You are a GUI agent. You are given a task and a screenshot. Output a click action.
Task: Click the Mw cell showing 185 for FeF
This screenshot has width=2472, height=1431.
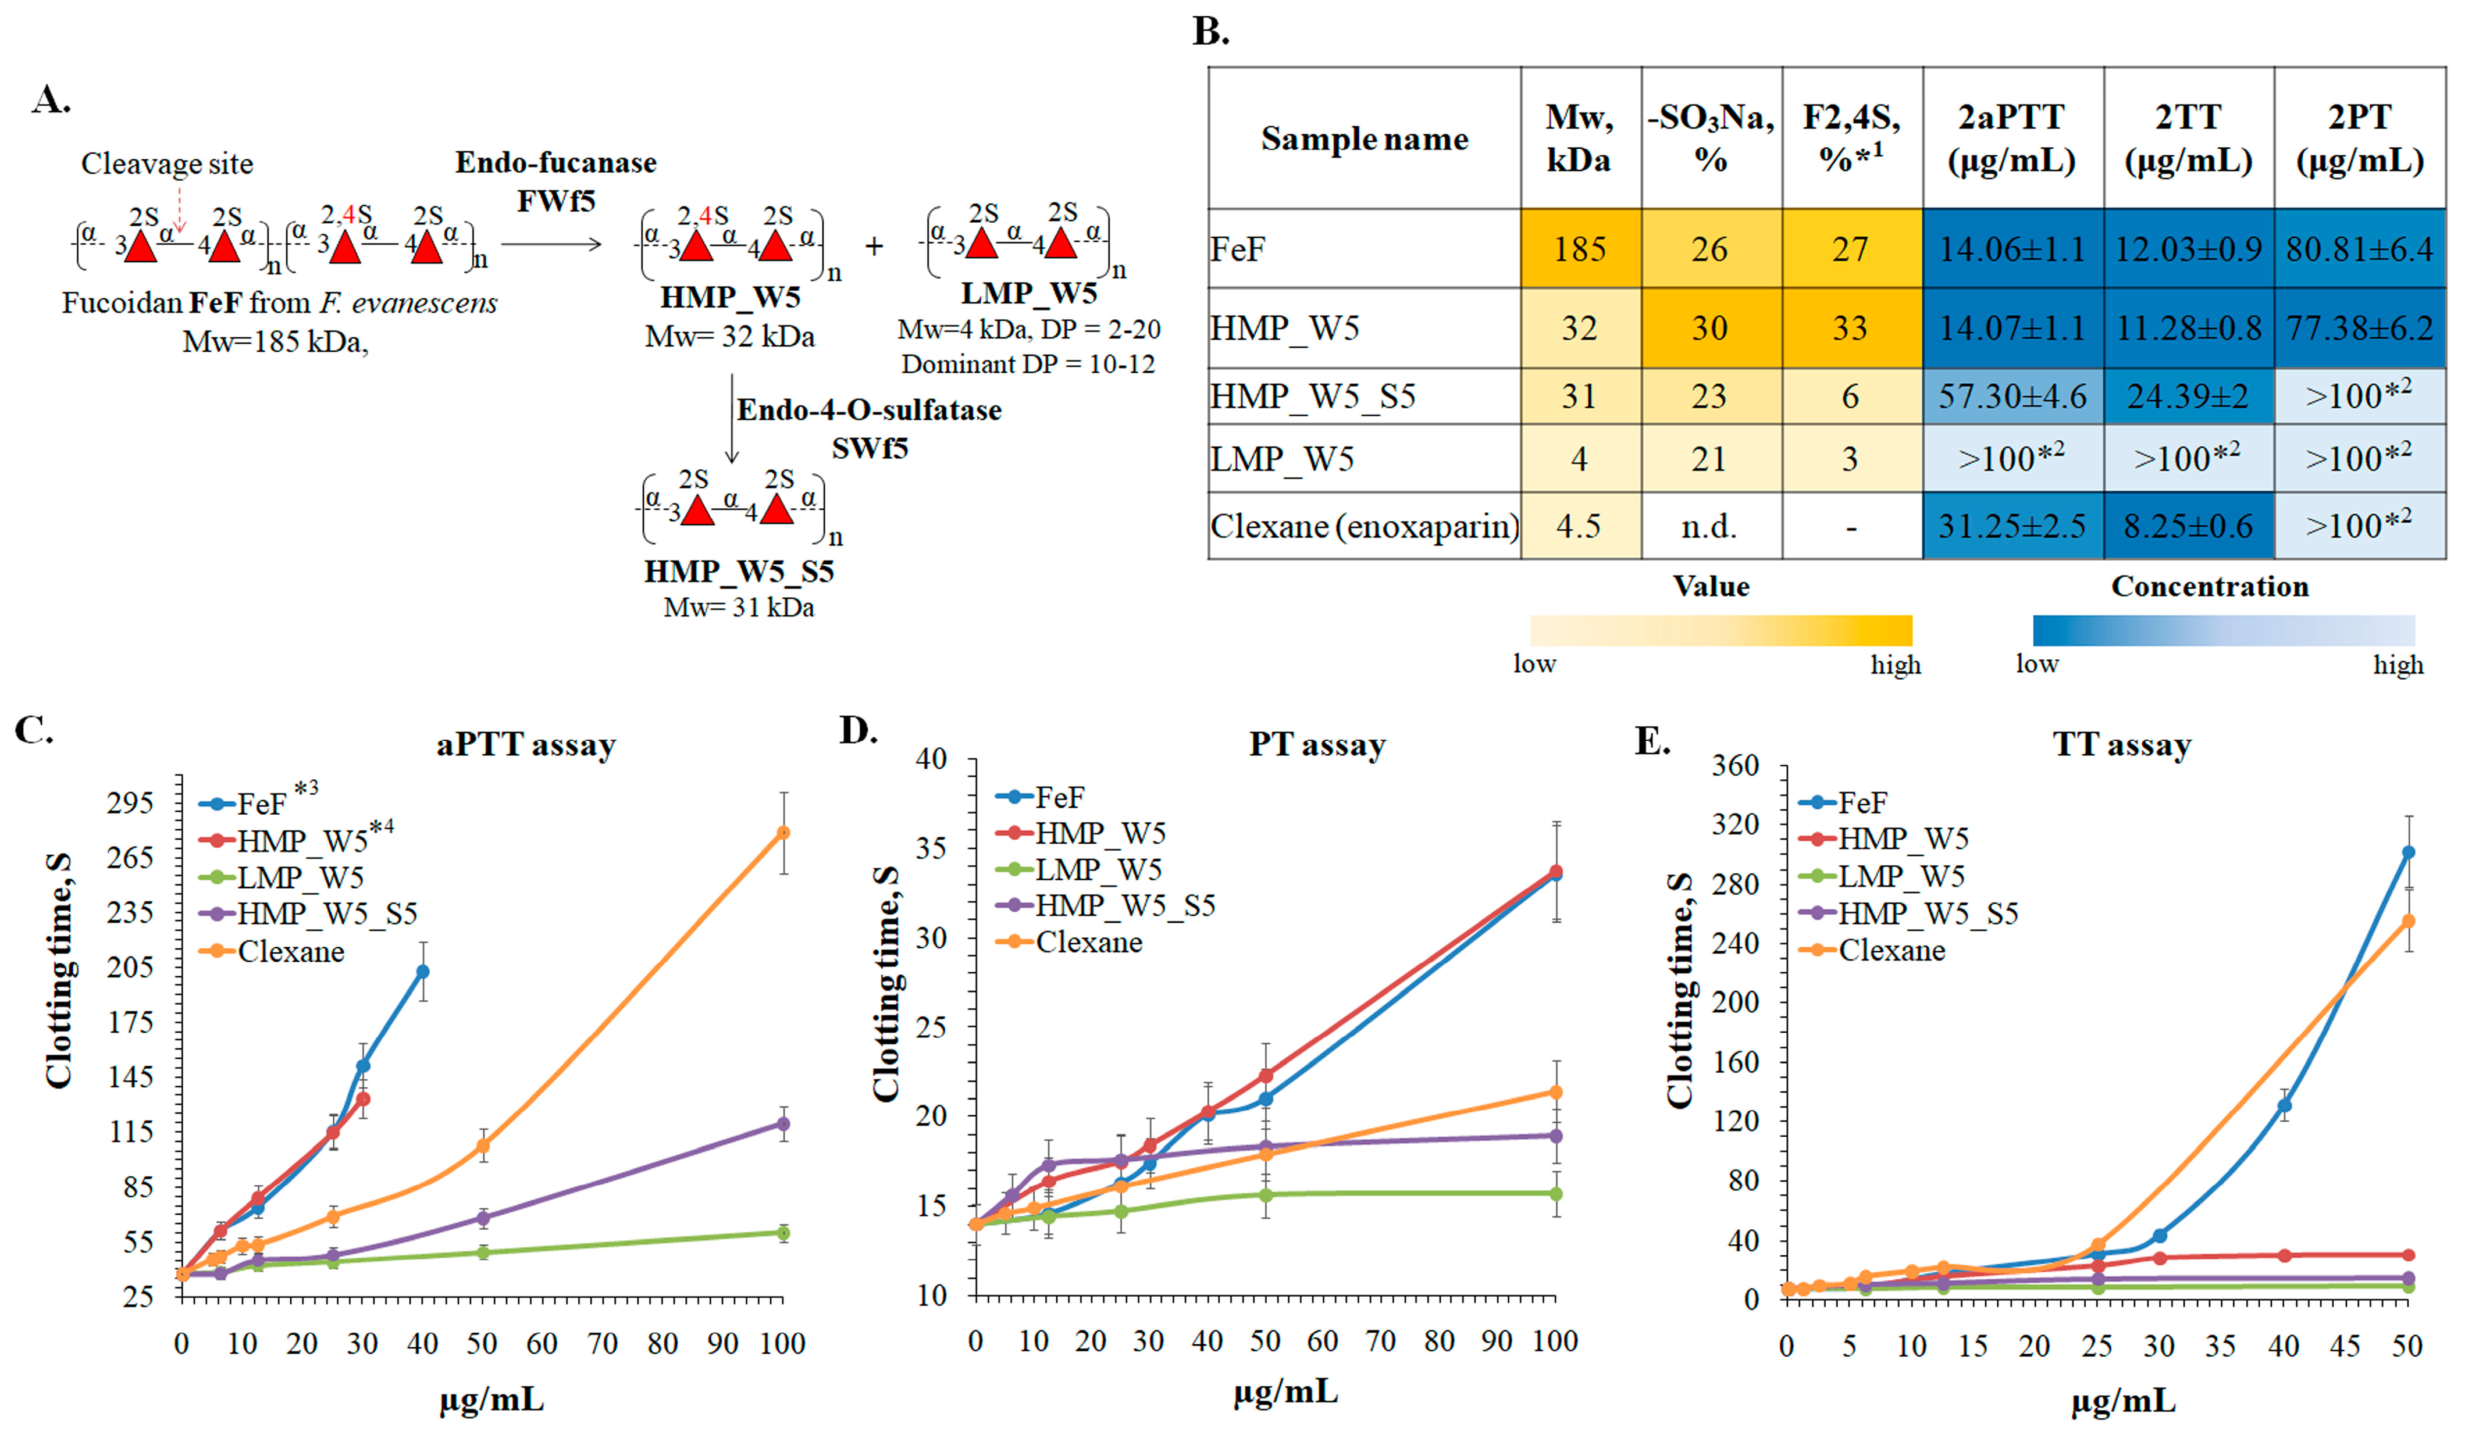click(1579, 249)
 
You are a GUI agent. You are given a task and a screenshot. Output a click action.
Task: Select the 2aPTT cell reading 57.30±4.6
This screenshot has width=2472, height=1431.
click(2012, 396)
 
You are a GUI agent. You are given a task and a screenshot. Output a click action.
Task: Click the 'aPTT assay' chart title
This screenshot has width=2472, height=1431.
click(526, 745)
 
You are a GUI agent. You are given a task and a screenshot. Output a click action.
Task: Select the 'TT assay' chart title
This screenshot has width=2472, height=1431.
click(2122, 745)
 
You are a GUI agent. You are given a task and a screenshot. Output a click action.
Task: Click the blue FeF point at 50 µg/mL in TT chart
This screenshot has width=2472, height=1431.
click(2407, 852)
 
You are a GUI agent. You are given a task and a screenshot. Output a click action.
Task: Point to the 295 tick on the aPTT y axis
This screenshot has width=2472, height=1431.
click(130, 802)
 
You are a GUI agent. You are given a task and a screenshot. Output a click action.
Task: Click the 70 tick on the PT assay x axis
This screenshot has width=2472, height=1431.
click(1381, 1341)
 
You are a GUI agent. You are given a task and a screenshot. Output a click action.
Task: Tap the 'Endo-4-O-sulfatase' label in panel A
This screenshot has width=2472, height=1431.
click(869, 410)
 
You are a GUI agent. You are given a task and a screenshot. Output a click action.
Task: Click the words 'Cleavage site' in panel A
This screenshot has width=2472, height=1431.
click(167, 164)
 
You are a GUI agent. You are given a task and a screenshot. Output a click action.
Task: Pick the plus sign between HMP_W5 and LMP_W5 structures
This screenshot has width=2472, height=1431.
click(873, 246)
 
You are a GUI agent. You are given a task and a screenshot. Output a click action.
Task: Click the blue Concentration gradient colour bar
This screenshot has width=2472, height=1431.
click(2223, 630)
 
